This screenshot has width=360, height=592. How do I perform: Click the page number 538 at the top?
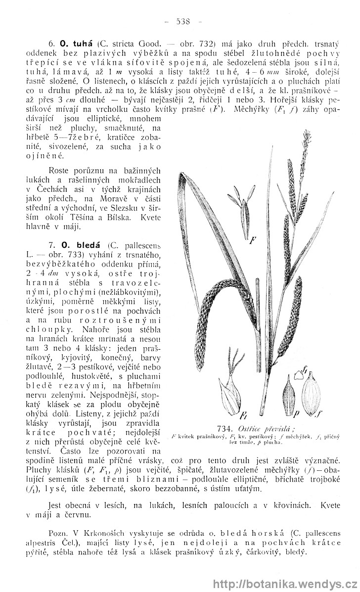180,22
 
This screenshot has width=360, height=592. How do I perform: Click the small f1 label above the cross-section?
306,369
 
